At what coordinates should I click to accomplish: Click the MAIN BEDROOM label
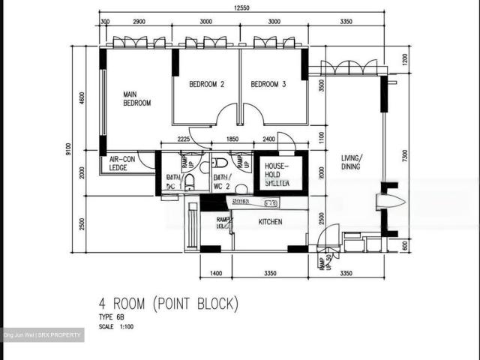coord(137,98)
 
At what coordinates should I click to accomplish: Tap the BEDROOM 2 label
coord(207,85)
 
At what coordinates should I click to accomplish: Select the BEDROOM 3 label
coord(268,85)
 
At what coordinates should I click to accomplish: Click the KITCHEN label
coord(270,223)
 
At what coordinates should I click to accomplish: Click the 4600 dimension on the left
coord(82,98)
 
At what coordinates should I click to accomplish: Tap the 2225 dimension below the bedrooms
coord(187,139)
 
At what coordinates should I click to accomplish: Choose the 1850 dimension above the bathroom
coord(232,139)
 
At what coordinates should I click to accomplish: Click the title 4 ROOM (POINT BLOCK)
coord(169,304)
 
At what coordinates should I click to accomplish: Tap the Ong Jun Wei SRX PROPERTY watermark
coord(42,334)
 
